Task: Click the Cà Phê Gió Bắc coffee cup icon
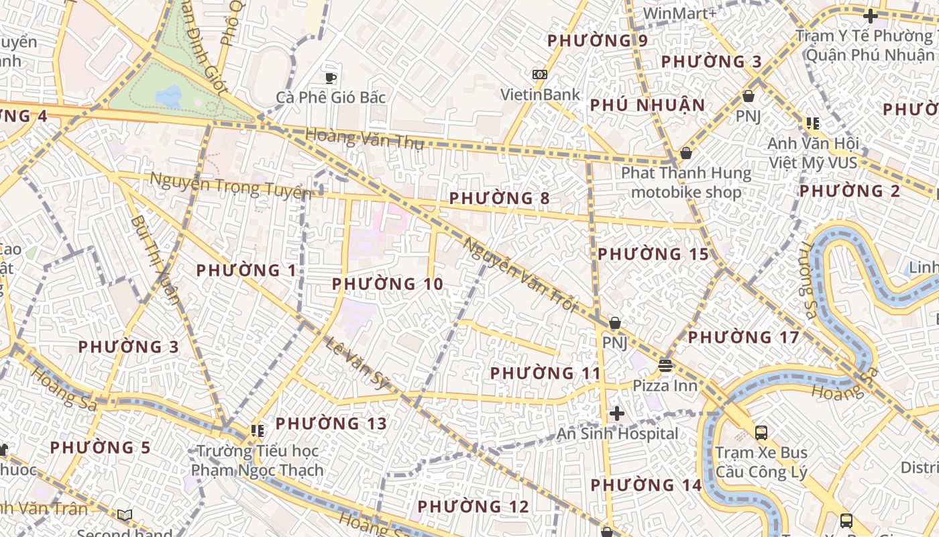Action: (330, 78)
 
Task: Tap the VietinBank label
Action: (540, 95)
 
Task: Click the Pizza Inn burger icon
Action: (665, 366)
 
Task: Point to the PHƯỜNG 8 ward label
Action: (499, 198)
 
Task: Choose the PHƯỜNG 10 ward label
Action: (388, 284)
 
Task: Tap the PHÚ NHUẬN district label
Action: (647, 105)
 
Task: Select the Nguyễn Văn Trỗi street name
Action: (520, 275)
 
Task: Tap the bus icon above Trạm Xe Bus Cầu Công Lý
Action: (761, 432)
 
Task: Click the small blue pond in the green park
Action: (168, 95)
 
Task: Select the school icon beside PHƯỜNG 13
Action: (257, 430)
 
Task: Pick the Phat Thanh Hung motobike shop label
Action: (686, 183)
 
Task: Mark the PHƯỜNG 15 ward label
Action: (653, 254)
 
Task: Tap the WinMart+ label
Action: (679, 13)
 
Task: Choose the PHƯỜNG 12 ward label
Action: (474, 506)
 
